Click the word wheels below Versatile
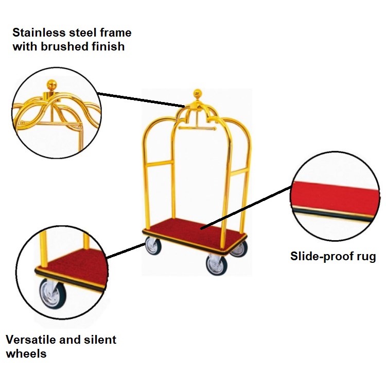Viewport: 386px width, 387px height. point(26,354)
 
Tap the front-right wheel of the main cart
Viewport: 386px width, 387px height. point(216,264)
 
